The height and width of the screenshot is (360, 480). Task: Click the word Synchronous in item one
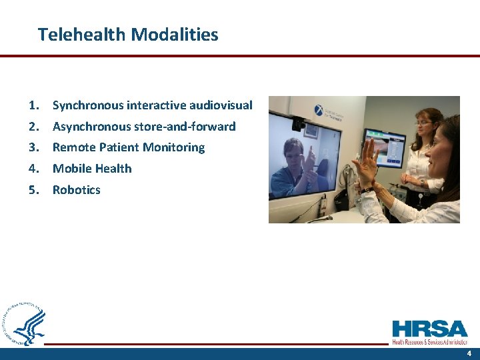88,105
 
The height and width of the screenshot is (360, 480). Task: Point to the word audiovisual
221,105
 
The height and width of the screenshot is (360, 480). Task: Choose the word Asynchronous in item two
92,126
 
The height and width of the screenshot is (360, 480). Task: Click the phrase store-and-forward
185,126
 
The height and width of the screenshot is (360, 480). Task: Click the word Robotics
77,190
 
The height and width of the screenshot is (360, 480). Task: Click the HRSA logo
430,331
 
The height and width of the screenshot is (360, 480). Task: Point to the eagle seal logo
25,325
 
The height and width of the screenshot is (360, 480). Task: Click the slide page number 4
469,353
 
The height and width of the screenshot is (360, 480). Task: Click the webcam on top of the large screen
298,123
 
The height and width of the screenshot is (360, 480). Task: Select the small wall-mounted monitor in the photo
384,147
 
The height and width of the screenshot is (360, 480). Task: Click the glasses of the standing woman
423,123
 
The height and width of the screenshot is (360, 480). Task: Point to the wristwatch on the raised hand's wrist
369,189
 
